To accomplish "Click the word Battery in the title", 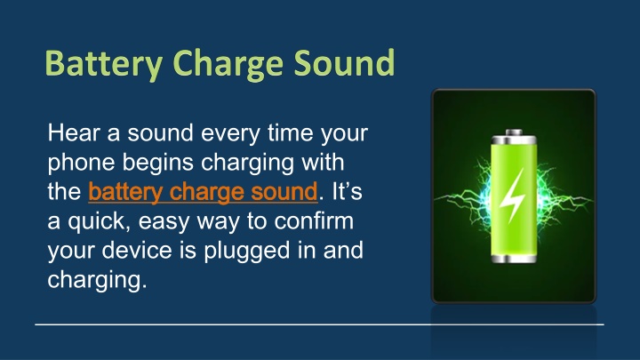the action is [x=104, y=63].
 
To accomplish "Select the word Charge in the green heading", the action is [x=228, y=64].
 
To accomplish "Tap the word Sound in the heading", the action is [x=344, y=62].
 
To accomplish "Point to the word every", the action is [x=230, y=134].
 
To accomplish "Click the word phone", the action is [x=80, y=164].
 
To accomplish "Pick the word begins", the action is [x=157, y=164].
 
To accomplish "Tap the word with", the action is [x=323, y=162].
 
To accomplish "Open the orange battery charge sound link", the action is [x=203, y=192].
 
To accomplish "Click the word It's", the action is [x=347, y=191].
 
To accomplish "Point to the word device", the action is [x=137, y=250].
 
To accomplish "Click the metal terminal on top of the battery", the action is [x=514, y=132].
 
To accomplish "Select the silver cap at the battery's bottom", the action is [x=514, y=259].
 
